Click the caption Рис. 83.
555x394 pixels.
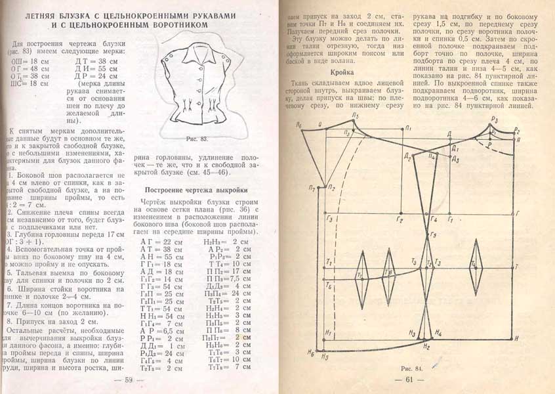(x=197, y=139)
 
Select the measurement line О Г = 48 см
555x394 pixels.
(x=30, y=68)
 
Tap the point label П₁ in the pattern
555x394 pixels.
(x=408, y=127)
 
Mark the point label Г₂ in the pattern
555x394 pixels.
(x=400, y=219)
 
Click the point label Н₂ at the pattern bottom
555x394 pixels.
(x=426, y=345)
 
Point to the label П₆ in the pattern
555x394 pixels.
(x=300, y=124)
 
